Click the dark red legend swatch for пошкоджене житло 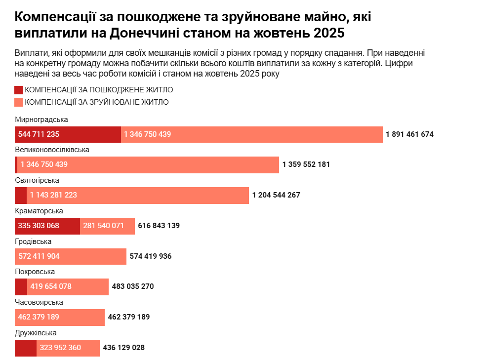pos(19,90)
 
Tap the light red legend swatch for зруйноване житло pos(19,102)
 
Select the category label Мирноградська pos(41,120)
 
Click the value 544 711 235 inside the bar pos(39,134)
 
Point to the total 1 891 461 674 pos(409,134)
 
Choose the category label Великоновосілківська pos(52,150)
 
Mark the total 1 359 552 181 pos(306,164)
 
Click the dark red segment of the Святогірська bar pos(21,195)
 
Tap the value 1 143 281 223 pos(53,195)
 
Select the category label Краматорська pos(39,211)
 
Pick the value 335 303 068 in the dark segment pos(39,226)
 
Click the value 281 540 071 pos(104,226)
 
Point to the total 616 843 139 pos(159,226)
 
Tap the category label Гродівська pos(33,241)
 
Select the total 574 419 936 pos(150,256)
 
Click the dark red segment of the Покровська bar pos(21,286)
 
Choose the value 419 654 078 pos(51,286)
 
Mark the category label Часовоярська pos(39,302)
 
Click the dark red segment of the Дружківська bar pos(26,348)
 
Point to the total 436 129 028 pos(123,348)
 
